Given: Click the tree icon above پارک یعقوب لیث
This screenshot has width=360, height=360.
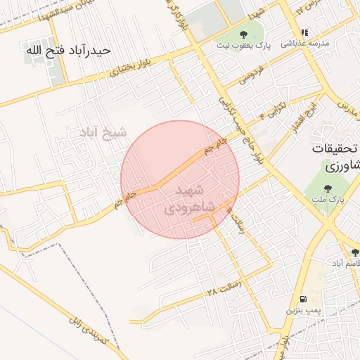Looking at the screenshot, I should pyautogui.click(x=243, y=34).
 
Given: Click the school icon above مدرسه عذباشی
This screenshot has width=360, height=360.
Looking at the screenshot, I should pyautogui.click(x=305, y=32).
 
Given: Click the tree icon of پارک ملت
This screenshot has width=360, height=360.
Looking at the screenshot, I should pyautogui.click(x=328, y=188).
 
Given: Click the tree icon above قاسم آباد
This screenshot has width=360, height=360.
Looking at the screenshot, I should pyautogui.click(x=355, y=252).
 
